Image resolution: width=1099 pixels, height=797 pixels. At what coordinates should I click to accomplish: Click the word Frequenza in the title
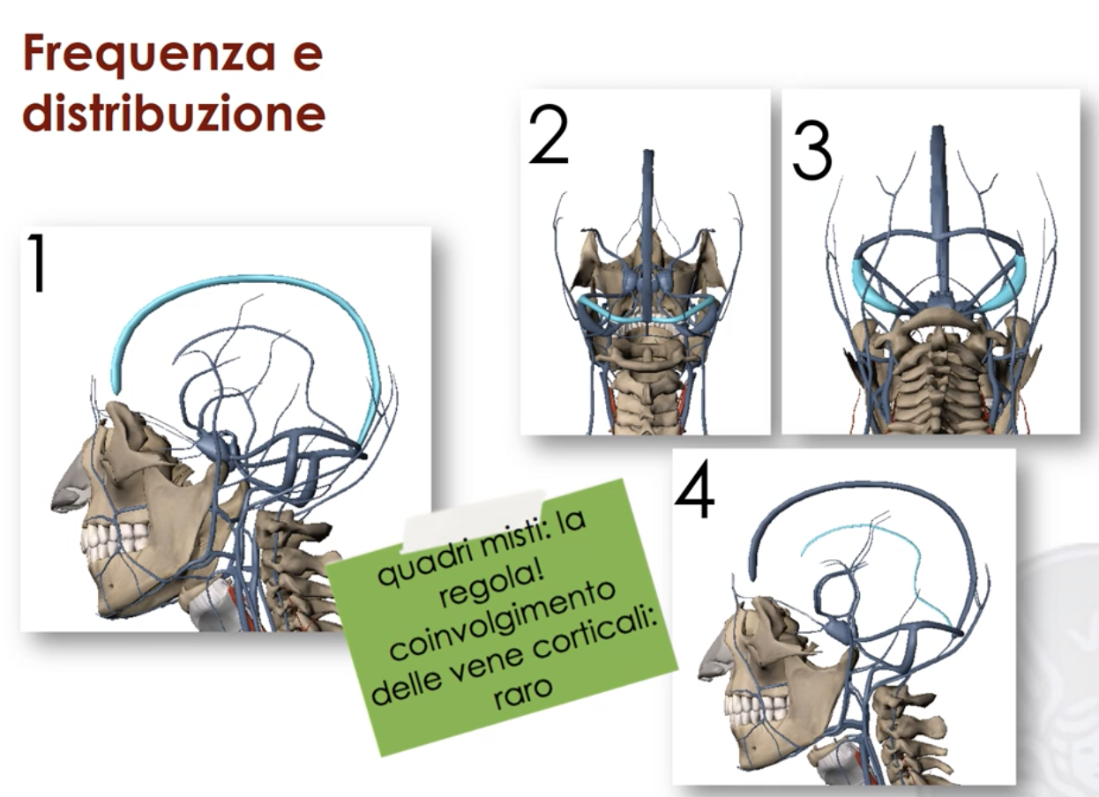click(x=149, y=55)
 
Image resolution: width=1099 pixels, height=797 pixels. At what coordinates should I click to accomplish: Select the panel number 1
click(x=37, y=263)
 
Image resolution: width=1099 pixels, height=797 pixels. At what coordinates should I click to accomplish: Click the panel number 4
click(x=695, y=488)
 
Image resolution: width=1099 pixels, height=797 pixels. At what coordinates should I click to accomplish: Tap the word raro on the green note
click(x=523, y=694)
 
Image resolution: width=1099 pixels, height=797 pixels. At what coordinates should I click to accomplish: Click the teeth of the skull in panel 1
click(x=118, y=539)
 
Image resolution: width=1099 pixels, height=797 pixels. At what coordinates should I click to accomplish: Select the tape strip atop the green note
click(x=474, y=518)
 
